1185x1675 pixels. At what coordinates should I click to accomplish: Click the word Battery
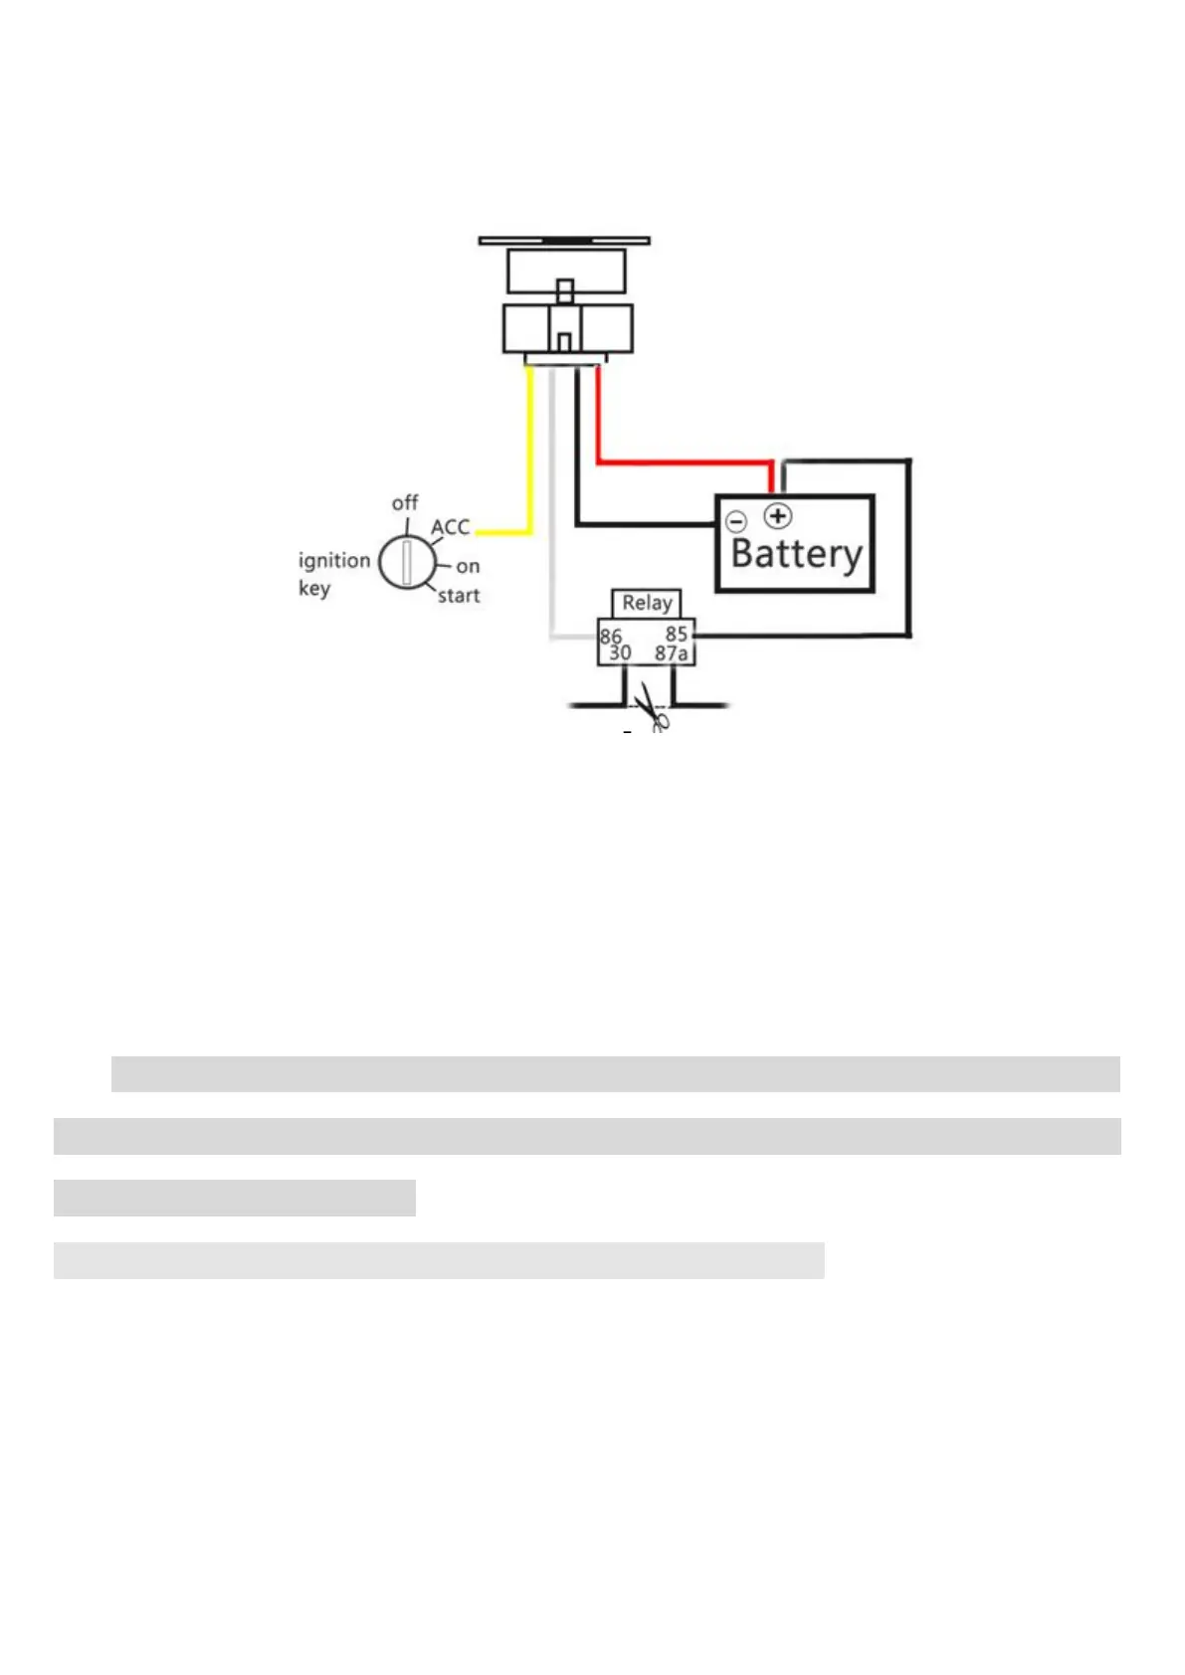click(x=796, y=555)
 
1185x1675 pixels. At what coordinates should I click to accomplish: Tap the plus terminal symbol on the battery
click(x=778, y=516)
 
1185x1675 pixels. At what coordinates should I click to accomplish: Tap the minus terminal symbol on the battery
click(x=736, y=521)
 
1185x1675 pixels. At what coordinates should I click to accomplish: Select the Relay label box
click(x=647, y=603)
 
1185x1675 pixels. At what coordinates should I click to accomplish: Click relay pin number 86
click(x=610, y=636)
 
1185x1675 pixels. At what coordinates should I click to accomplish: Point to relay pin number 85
click(x=677, y=634)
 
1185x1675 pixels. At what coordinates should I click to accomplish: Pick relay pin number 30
click(x=620, y=653)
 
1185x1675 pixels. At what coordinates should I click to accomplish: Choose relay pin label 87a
click(x=672, y=653)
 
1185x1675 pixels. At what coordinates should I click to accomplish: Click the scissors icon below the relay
click(x=652, y=707)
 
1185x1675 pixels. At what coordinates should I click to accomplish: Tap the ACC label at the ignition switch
click(x=451, y=527)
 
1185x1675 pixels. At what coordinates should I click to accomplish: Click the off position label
click(x=405, y=502)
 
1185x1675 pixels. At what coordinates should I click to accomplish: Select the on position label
click(x=468, y=566)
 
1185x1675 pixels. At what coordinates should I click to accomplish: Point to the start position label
click(x=459, y=596)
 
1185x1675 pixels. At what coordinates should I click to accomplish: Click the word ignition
click(x=334, y=560)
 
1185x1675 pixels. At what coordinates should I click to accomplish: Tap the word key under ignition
click(x=313, y=588)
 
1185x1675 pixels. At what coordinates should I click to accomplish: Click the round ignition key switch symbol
click(x=406, y=562)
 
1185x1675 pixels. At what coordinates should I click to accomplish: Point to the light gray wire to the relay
click(x=551, y=517)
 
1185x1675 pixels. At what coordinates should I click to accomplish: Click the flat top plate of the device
click(x=564, y=241)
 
